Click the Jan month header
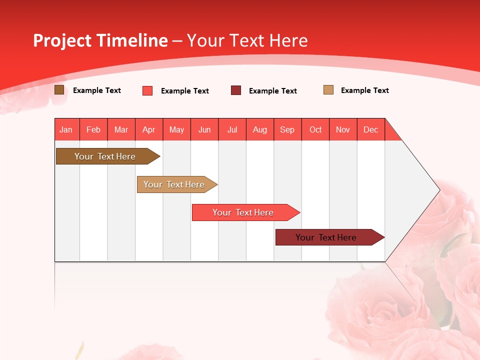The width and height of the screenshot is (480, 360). [x=66, y=129]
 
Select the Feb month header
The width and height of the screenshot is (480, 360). [x=93, y=129]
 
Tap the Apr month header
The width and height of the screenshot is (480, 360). [x=149, y=129]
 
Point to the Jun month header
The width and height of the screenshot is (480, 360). [x=204, y=129]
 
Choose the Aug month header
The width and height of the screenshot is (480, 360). [x=260, y=129]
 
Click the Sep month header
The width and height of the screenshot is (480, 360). [x=287, y=129]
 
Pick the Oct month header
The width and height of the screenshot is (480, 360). [x=315, y=129]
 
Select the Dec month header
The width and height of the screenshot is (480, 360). [x=371, y=129]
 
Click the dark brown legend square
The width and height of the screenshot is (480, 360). [x=59, y=90]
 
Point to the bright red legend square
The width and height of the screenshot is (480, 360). [x=147, y=90]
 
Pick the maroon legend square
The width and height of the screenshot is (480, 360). [x=236, y=90]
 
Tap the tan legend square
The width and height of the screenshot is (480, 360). [x=328, y=90]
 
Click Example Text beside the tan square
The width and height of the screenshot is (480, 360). [x=364, y=90]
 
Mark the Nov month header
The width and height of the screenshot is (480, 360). [x=343, y=129]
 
